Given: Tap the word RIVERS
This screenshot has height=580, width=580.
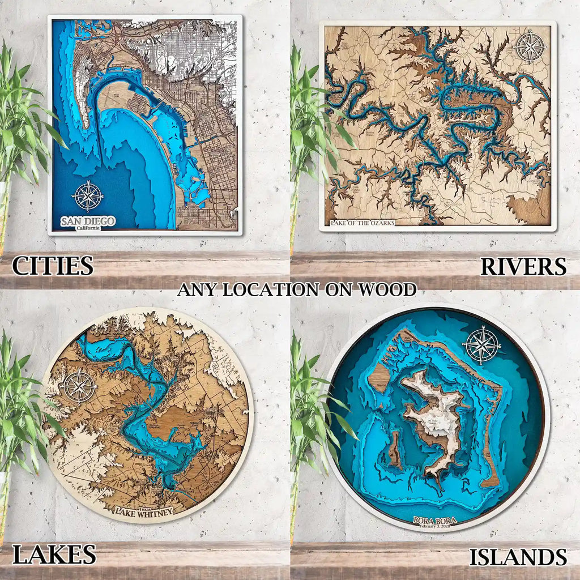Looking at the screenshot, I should [x=523, y=266].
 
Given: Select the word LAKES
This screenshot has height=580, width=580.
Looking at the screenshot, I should [x=54, y=555].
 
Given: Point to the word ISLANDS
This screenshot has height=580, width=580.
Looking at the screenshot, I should [x=518, y=557].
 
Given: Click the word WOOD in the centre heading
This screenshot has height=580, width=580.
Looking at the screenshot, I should [x=386, y=289].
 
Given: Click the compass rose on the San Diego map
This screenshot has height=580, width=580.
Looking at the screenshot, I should [x=88, y=196].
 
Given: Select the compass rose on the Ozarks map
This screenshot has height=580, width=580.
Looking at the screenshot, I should [x=531, y=47].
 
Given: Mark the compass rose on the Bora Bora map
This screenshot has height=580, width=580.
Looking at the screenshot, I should [x=483, y=345].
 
